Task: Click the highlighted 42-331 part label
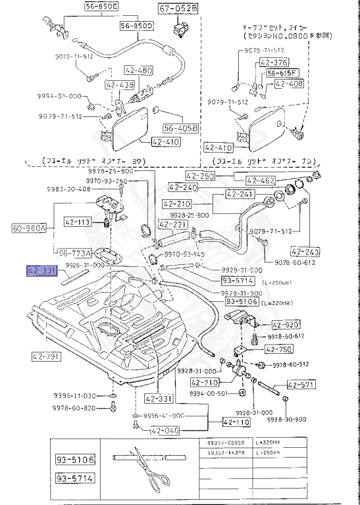pos(43,270)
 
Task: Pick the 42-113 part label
pos(78,222)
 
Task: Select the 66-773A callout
pos(74,252)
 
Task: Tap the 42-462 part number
pos(261,180)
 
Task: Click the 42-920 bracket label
pos(286,325)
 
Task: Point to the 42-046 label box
pos(164,431)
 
